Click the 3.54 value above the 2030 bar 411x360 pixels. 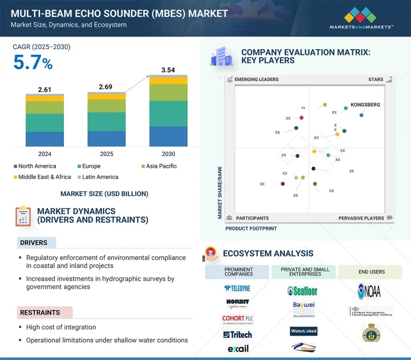coord(168,70)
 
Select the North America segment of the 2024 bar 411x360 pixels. coord(45,139)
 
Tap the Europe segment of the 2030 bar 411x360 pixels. coord(168,114)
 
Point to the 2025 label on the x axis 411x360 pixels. coord(106,154)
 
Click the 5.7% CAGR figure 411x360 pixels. coord(33,63)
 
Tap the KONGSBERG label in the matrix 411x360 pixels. coord(366,105)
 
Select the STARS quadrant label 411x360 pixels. coord(376,80)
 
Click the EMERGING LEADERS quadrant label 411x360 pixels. coord(256,80)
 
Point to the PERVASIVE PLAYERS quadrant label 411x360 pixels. coord(361,218)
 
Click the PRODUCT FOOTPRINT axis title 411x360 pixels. coord(251,228)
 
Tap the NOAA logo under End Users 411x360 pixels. coord(369,292)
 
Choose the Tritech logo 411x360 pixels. coord(237,334)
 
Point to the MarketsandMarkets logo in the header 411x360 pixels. coord(361,18)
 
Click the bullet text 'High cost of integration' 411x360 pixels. coord(61,327)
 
